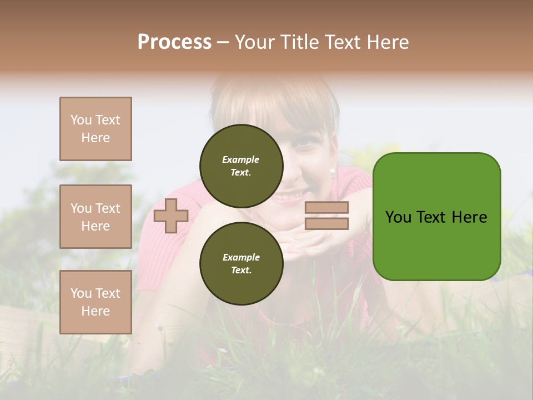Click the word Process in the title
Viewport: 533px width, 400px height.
point(174,42)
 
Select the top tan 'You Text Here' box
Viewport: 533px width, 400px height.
point(95,129)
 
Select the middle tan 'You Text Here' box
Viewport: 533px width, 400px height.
point(95,217)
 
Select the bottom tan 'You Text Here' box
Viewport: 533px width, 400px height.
point(95,302)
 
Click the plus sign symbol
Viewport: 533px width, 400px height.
point(171,216)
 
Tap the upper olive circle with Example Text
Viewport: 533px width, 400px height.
point(241,166)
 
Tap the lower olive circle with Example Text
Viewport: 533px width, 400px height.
point(241,263)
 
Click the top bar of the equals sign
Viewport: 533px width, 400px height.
point(327,208)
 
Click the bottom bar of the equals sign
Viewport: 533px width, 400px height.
point(327,223)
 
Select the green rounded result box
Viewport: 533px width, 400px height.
point(436,217)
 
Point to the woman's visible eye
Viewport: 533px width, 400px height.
point(304,142)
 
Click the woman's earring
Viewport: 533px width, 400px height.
point(333,172)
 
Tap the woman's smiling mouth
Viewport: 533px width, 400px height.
point(290,196)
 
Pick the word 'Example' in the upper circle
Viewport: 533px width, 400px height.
point(241,159)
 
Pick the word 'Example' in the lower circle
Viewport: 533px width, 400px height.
point(241,257)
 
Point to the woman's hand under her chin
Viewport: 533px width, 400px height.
point(308,239)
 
